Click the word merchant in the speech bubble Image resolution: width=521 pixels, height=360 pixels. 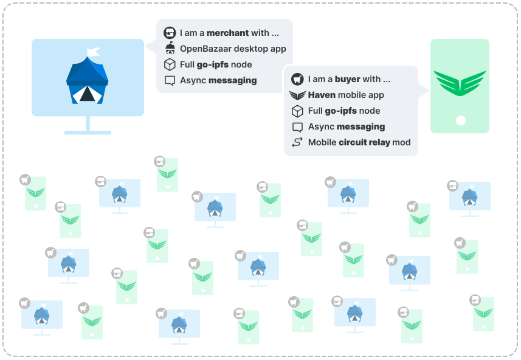coord(227,33)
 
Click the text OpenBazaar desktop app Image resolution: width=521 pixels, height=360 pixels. coord(233,49)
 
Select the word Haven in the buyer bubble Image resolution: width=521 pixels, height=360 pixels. coord(322,95)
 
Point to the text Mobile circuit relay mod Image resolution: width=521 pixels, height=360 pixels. coord(359,142)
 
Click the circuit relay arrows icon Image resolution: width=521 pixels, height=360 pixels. coord(297,142)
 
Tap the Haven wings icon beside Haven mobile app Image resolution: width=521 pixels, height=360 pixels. coord(297,95)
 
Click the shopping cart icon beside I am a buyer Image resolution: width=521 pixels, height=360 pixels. coord(297,79)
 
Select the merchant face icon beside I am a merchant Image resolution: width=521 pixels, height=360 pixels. coord(170,33)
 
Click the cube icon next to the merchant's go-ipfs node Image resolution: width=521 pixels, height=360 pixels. coord(170,64)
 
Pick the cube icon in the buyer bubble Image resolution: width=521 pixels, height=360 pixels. coord(297,111)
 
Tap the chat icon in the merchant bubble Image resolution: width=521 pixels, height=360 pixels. coord(170,80)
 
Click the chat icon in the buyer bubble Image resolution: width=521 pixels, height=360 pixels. coord(297,127)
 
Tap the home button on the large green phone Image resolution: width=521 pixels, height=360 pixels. coord(460,120)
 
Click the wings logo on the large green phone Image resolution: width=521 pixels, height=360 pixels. coord(460,83)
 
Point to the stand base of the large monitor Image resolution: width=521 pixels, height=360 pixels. coord(88,132)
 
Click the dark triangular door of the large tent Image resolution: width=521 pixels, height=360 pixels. coord(87,94)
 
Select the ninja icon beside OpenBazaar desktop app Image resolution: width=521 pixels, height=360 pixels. coord(170,49)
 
